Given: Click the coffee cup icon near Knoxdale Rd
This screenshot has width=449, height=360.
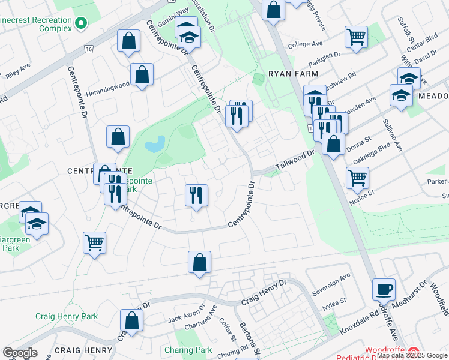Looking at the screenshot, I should tap(384, 290).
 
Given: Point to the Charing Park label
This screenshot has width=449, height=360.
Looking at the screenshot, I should tap(188, 350).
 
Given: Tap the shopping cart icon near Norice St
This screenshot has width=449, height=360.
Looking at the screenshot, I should tap(357, 178).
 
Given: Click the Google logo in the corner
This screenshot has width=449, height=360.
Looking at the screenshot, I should tap(20, 353).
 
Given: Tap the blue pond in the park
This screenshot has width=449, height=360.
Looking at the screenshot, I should tap(155, 144).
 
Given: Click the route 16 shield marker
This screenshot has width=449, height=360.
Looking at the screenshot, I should tap(89, 49).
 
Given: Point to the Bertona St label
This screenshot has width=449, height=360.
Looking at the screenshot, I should tap(248, 339).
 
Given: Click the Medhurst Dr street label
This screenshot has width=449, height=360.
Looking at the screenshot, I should tap(411, 294).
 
